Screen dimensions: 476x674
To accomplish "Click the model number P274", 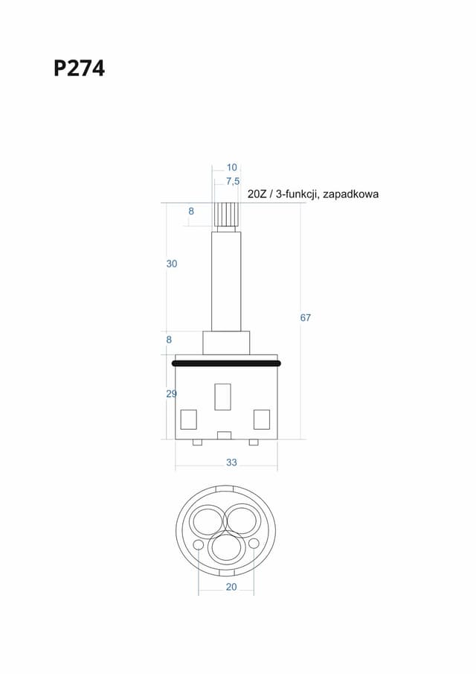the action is click(x=79, y=69).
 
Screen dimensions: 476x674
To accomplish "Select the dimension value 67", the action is click(x=305, y=318).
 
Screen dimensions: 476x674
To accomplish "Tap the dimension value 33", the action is click(x=231, y=462).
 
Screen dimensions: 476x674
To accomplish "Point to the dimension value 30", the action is click(x=172, y=264).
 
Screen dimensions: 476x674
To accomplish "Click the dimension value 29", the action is click(x=171, y=394).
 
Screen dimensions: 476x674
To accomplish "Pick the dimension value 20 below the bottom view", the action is click(x=231, y=587).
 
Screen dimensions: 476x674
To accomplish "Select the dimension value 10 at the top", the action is click(x=232, y=168).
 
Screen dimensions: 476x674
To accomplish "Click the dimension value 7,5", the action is click(x=233, y=182).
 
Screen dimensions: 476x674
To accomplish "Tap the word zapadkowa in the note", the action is click(x=350, y=194).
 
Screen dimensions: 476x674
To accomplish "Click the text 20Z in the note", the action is click(x=257, y=194).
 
